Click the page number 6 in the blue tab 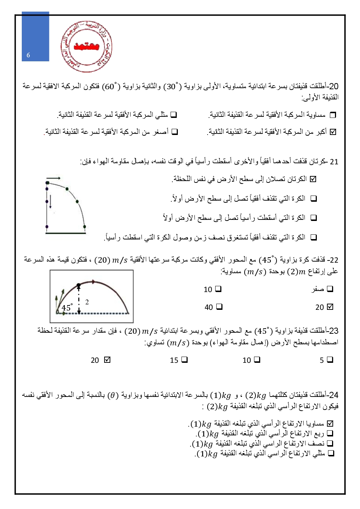coord(28,55)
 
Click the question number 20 coord(334,87)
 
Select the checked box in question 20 coord(333,132)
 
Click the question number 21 coord(334,162)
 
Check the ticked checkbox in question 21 coord(313,179)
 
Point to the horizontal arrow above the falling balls coord(54,178)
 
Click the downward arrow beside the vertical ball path coord(50,201)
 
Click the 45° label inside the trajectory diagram coord(67,308)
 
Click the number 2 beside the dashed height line coord(87,302)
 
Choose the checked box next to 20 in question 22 coord(330,307)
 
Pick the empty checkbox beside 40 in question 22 coord(219,307)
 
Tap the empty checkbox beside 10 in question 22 coord(218,289)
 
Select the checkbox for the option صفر coord(330,289)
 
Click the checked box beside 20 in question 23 coord(107,360)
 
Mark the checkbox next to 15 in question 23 coord(184,360)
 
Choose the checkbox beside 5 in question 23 coord(330,360)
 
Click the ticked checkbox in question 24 coord(330,423)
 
